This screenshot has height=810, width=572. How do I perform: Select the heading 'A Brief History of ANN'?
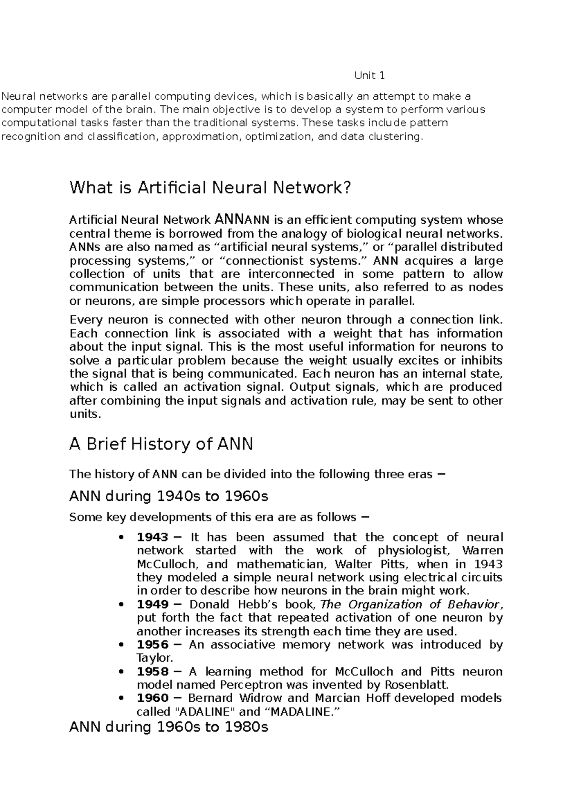click(161, 444)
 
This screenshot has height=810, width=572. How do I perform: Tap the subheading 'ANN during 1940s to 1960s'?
click(169, 496)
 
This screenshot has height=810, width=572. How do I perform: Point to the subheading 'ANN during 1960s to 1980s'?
click(169, 727)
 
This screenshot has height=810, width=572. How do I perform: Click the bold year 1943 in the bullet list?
click(153, 537)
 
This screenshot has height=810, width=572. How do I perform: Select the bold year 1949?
click(153, 604)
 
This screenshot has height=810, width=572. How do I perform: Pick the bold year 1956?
click(153, 644)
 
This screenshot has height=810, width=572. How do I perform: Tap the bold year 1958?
click(153, 672)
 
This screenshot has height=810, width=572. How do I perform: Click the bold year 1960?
click(153, 698)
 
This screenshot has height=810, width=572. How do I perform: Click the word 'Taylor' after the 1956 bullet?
click(153, 658)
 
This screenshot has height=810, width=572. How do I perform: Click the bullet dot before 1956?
click(122, 645)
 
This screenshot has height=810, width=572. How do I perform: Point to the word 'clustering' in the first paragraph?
click(398, 137)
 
